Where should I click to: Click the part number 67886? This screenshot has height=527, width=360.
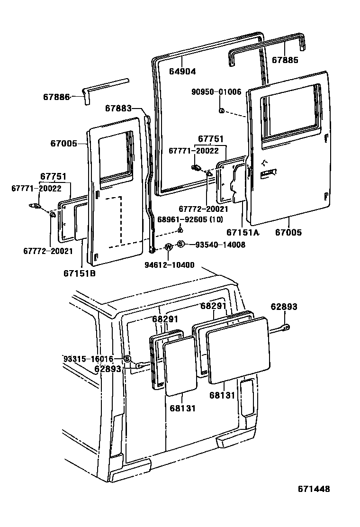(56, 97)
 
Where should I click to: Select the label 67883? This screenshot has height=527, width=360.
(117, 109)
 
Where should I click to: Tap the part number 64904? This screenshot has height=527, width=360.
(182, 72)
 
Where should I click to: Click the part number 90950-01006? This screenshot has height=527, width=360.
(216, 92)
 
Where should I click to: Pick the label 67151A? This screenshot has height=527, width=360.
(243, 233)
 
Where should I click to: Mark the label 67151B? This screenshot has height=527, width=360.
(80, 273)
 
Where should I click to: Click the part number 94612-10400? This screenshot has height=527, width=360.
(169, 264)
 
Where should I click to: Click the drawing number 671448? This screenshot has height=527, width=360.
(314, 489)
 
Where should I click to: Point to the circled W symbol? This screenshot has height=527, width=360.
(168, 246)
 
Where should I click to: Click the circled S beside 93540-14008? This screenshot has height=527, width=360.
(180, 244)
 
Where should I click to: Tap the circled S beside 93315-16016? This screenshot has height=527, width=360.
(127, 358)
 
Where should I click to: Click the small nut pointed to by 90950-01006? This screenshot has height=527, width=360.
(221, 111)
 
